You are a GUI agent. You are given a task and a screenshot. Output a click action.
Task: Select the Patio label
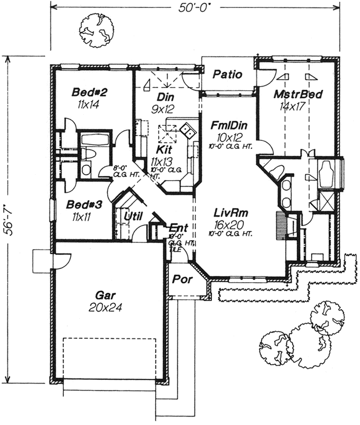click(x=228, y=74)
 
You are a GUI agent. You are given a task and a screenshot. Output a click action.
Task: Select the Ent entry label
click(x=174, y=226)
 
